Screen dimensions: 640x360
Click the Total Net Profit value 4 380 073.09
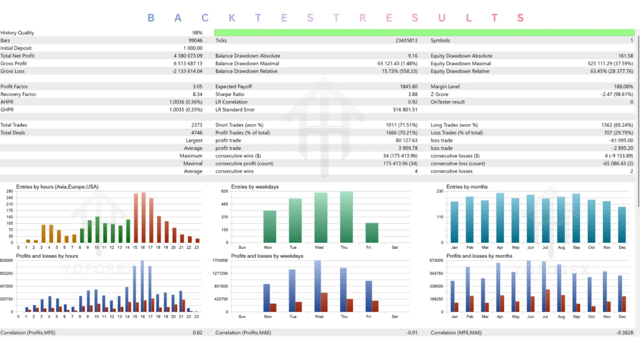pos(187,55)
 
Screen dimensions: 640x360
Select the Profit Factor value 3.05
pos(197,86)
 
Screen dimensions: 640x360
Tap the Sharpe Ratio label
pos(229,94)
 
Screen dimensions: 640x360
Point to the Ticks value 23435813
pos(406,40)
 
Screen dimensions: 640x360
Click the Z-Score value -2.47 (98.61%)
pos(617,94)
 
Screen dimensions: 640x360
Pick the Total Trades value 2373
pos(196,125)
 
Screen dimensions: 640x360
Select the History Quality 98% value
pos(197,32)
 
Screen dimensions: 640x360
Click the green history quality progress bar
pos(424,32)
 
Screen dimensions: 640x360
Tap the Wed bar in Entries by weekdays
pos(321,217)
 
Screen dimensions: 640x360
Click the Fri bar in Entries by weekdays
pos(371,232)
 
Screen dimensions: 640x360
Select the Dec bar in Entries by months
pos(622,224)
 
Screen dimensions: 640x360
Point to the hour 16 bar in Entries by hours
pos(143,217)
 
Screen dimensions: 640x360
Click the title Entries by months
pos(467,186)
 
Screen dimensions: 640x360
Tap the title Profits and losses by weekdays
pos(267,255)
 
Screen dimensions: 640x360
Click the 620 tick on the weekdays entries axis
pos(225,191)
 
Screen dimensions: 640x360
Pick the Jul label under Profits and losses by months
pos(545,316)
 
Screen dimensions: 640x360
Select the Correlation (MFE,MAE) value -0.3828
pos(624,332)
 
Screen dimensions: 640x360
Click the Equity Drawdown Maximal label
pos(460,63)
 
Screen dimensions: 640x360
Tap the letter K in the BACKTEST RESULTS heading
pos(232,18)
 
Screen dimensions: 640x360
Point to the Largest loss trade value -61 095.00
pos(621,140)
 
